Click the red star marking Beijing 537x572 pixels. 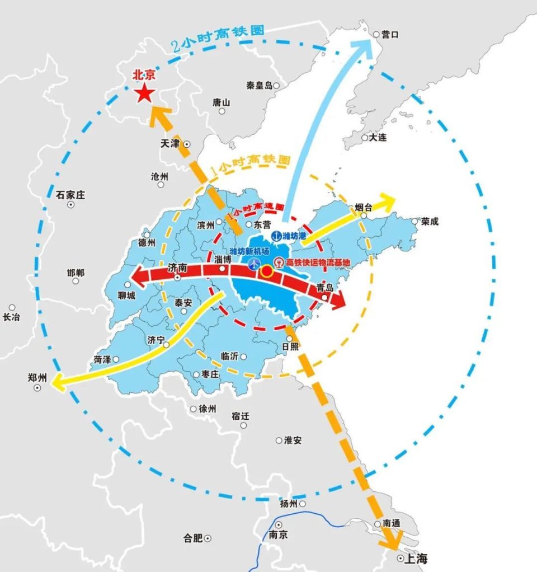pos(144,93)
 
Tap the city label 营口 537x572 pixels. pos(390,34)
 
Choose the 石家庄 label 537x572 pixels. pos(70,195)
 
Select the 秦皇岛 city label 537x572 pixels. pos(259,85)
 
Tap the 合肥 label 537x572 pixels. pos(193,538)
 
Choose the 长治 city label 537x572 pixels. pos(11,317)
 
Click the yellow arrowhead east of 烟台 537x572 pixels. pos(388,200)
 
